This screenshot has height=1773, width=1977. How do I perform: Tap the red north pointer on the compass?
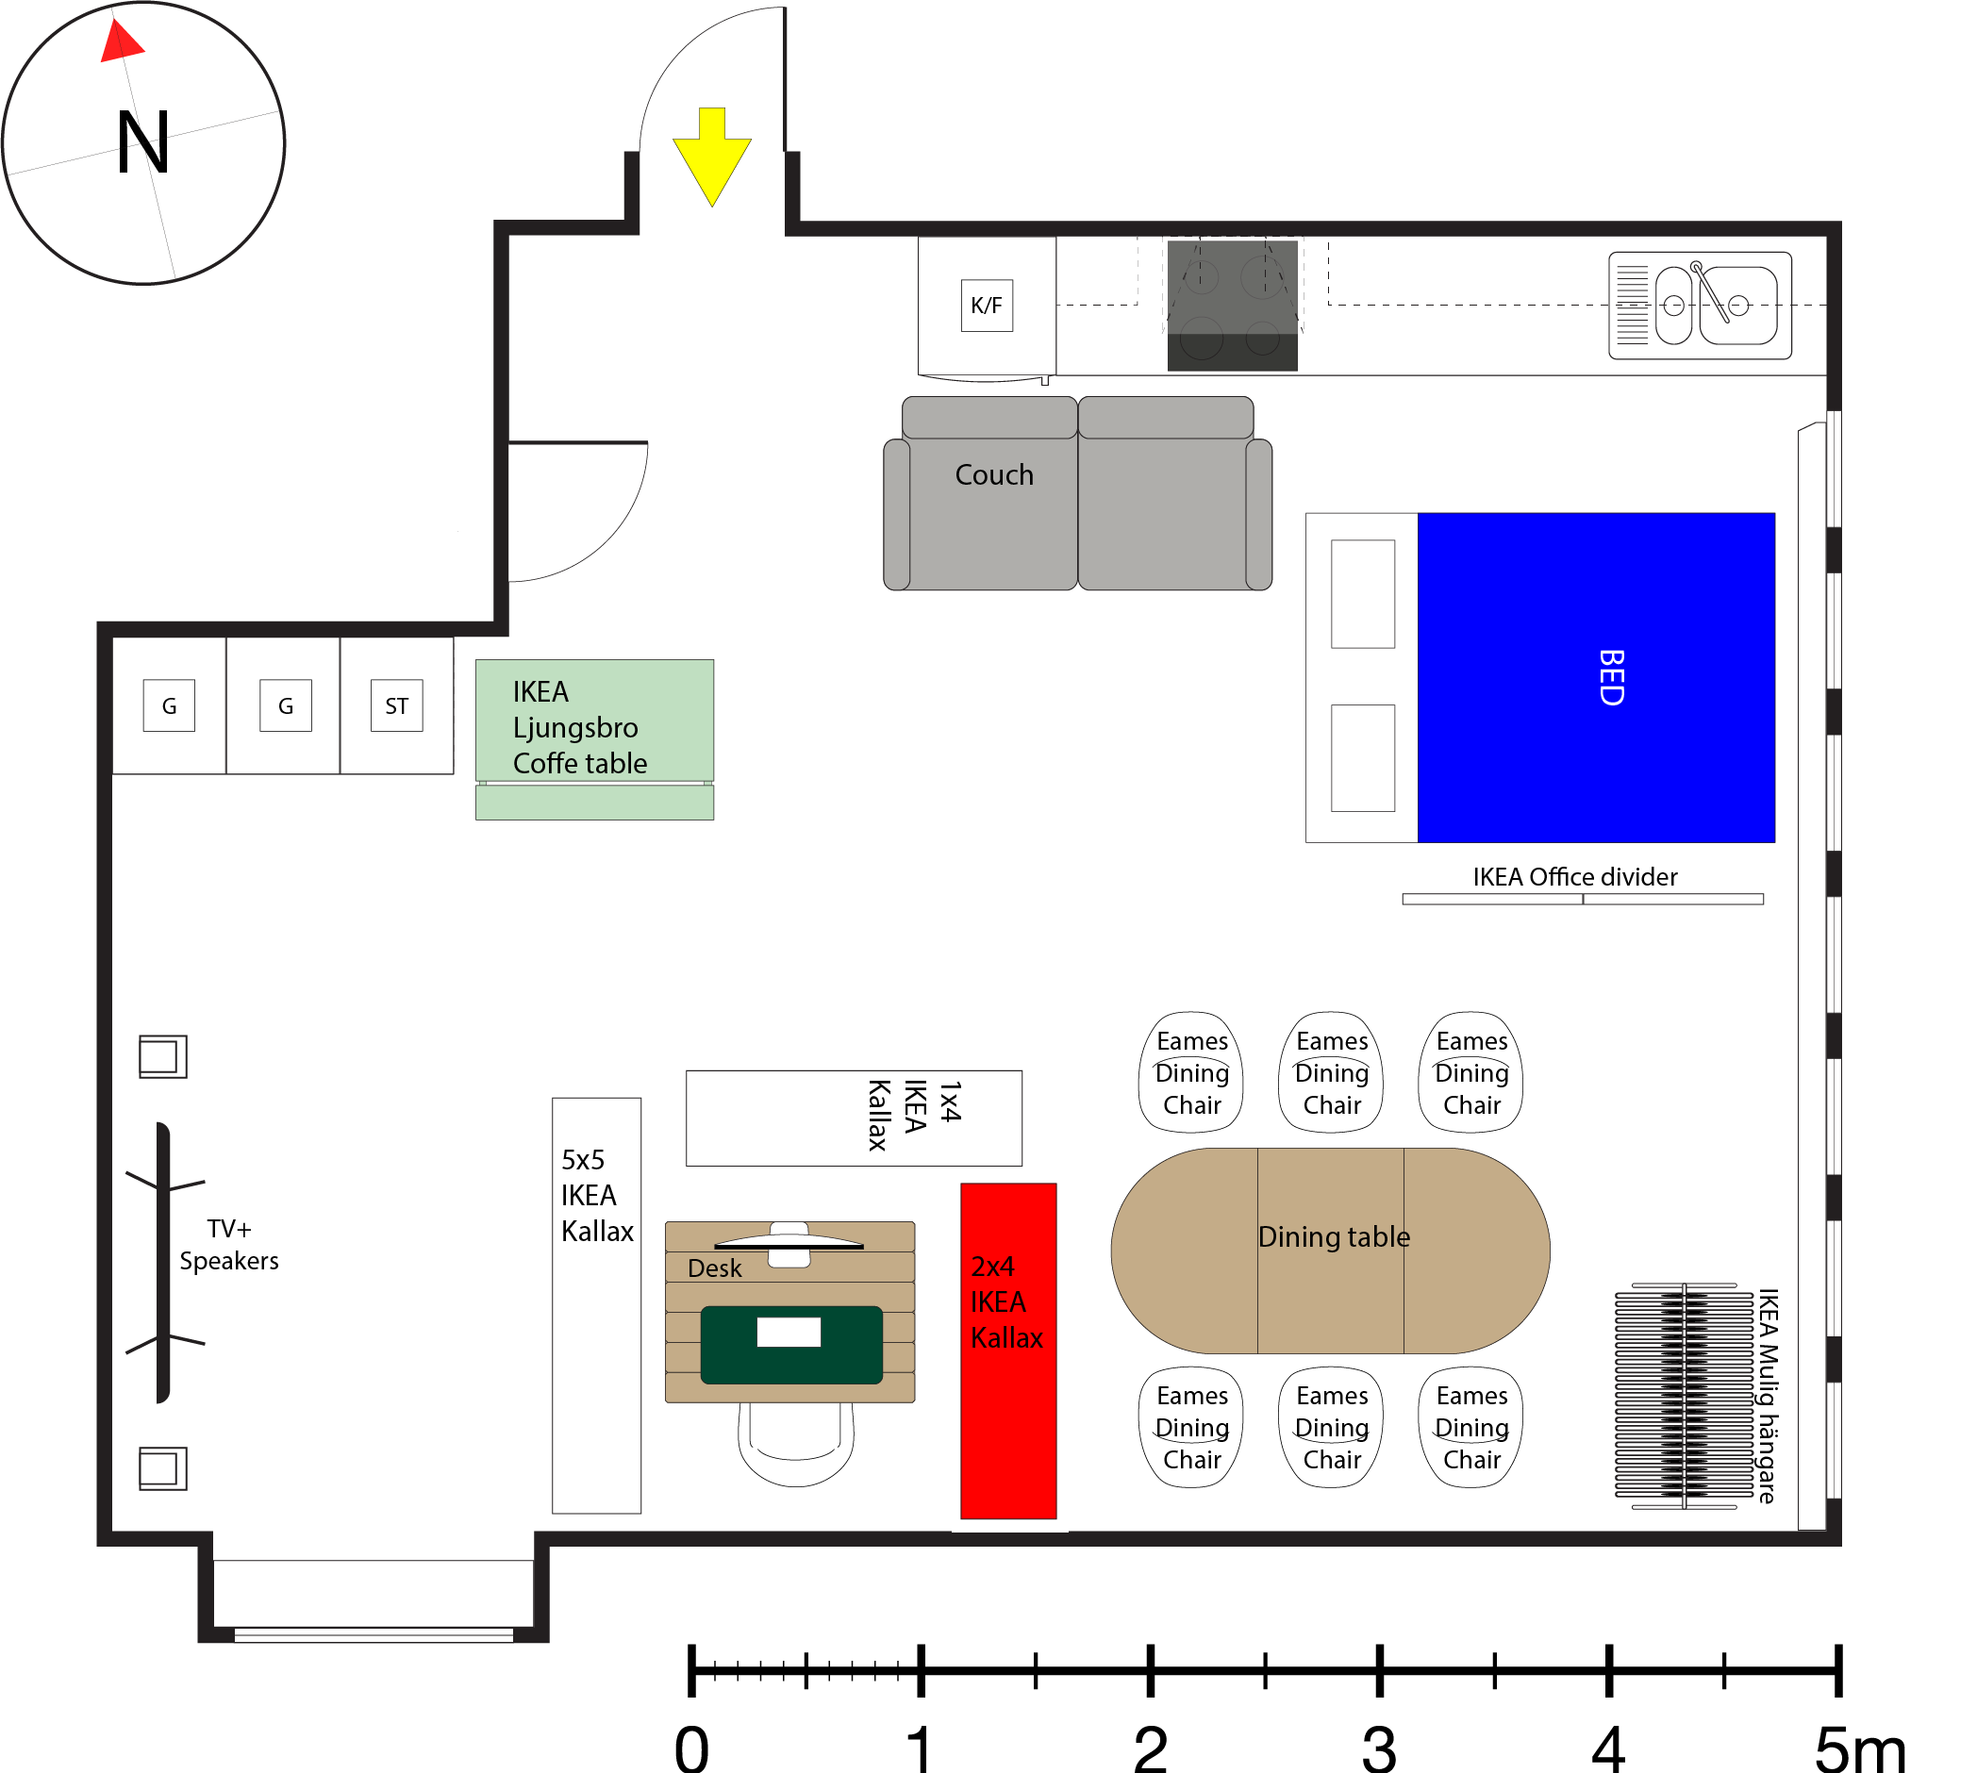pyautogui.click(x=121, y=42)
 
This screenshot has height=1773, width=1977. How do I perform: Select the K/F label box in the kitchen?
pyautogui.click(x=986, y=305)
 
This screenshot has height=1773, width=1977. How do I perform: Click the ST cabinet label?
pyautogui.click(x=396, y=705)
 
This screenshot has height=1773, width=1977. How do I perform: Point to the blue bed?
pyautogui.click(x=1595, y=677)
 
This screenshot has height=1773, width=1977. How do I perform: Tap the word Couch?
pyautogui.click(x=993, y=475)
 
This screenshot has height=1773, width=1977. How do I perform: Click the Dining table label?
pyautogui.click(x=1333, y=1237)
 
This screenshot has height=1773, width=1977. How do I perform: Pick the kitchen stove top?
pyautogui.click(x=1232, y=304)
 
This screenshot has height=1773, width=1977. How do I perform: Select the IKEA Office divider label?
pyautogui.click(x=1574, y=877)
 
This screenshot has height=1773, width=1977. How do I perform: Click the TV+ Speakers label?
pyautogui.click(x=229, y=1245)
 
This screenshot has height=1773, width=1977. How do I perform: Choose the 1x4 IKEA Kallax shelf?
pyautogui.click(x=854, y=1118)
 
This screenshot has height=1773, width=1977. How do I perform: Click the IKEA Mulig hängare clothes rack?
pyautogui.click(x=1684, y=1396)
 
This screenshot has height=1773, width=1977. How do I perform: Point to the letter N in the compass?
pyautogui.click(x=143, y=142)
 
